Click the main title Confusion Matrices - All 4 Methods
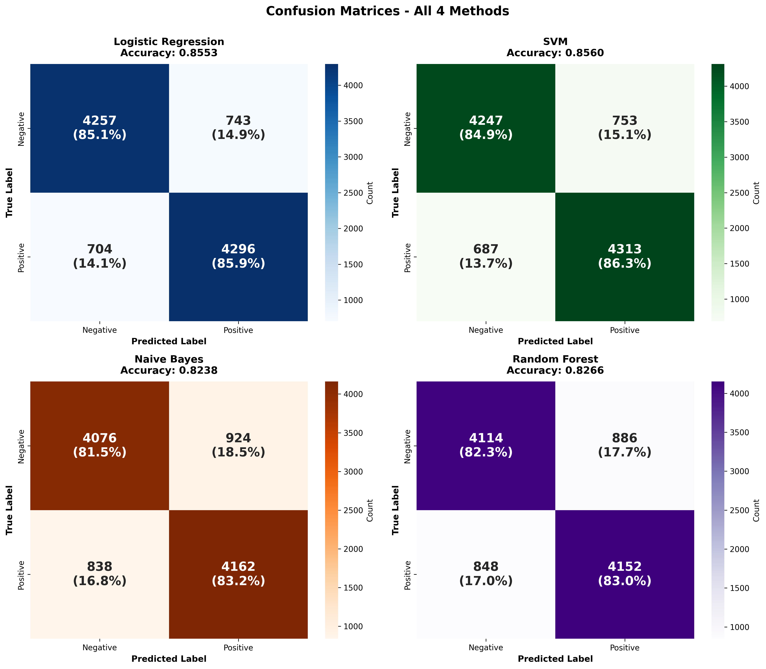coord(388,11)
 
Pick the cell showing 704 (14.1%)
coord(100,256)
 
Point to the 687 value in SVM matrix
coord(486,256)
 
